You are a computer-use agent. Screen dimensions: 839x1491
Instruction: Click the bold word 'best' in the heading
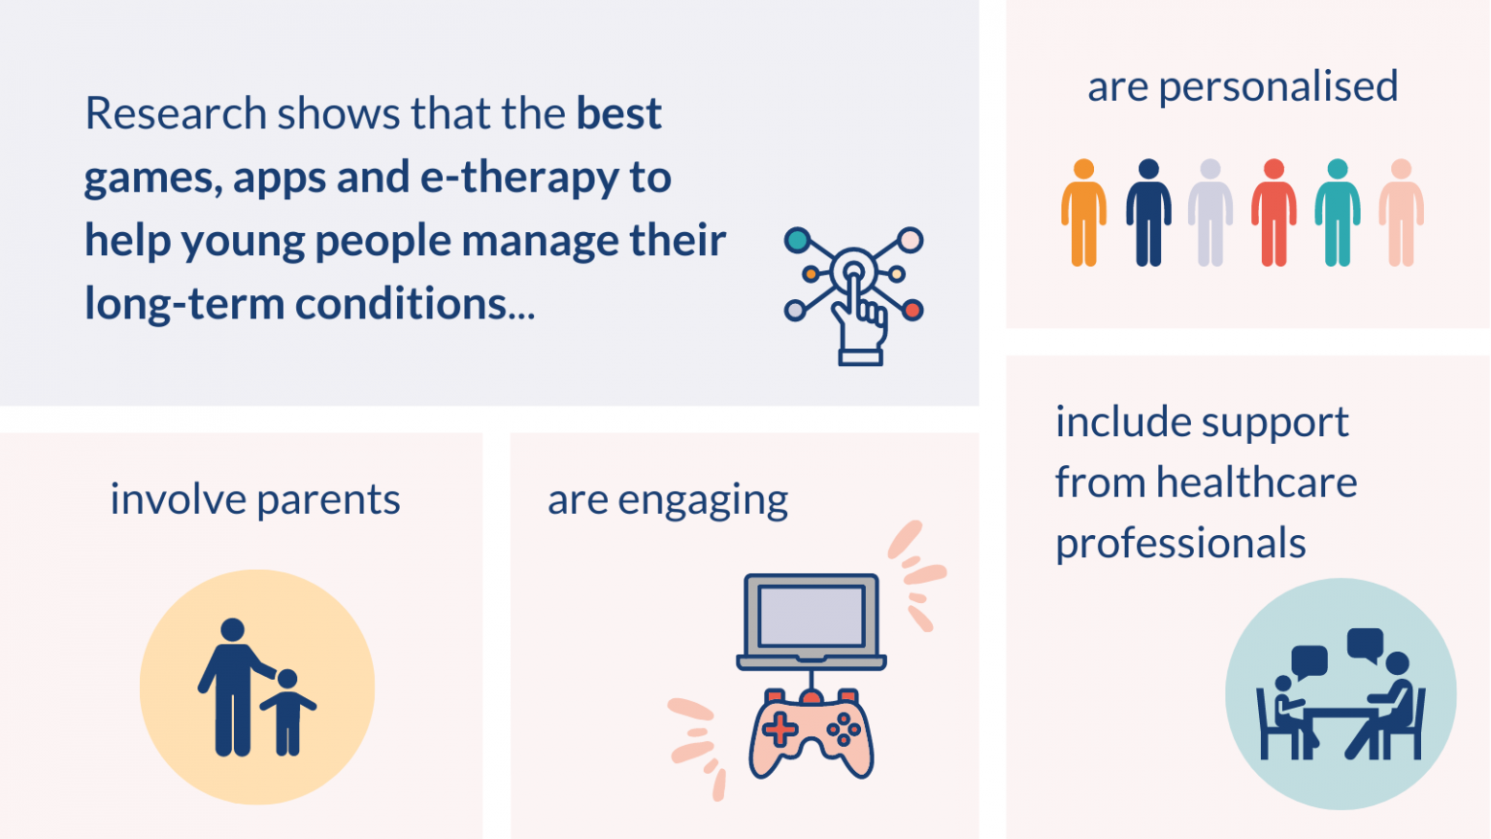click(x=618, y=114)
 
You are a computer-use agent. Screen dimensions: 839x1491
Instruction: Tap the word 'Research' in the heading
click(x=176, y=114)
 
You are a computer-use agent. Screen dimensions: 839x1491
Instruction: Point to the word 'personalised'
click(x=1278, y=86)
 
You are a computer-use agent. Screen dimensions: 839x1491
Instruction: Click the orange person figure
click(x=1083, y=213)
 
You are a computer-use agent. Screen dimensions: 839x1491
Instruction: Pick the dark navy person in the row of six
click(x=1148, y=213)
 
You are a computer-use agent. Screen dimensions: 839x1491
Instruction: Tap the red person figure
click(x=1274, y=213)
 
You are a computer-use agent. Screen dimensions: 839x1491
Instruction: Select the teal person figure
click(x=1338, y=213)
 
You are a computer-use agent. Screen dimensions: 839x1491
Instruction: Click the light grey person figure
click(x=1210, y=213)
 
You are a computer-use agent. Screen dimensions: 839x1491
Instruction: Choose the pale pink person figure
click(x=1401, y=213)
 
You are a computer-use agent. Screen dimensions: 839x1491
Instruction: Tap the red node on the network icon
click(x=912, y=311)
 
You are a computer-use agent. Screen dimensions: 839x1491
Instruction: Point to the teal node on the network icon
click(x=797, y=239)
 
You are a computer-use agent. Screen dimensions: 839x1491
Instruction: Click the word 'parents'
click(x=328, y=500)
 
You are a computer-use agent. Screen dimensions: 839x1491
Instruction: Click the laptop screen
click(x=812, y=616)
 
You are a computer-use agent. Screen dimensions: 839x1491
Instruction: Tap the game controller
click(x=812, y=733)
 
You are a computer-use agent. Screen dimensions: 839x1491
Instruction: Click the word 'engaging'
click(x=703, y=501)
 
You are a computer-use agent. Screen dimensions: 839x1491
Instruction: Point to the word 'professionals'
click(x=1180, y=544)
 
